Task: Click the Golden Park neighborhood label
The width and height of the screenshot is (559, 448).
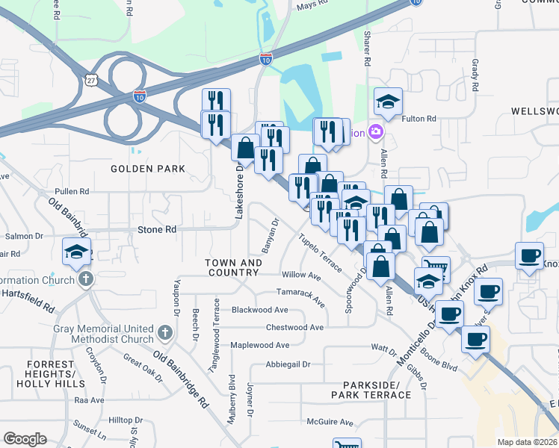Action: (148, 169)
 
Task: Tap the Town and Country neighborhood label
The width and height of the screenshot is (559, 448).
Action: (234, 267)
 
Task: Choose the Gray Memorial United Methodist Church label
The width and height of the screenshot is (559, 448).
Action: (103, 334)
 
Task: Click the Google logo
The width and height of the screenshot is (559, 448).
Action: (25, 438)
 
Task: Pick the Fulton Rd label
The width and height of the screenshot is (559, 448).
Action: (419, 119)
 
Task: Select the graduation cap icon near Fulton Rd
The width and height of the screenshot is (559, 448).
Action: (388, 102)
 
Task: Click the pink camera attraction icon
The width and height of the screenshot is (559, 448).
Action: (375, 133)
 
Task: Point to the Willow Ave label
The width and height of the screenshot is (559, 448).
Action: (301, 276)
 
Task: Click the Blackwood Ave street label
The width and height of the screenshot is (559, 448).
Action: (259, 309)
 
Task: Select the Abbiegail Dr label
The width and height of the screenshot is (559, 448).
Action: (288, 364)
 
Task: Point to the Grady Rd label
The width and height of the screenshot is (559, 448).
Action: (475, 75)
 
